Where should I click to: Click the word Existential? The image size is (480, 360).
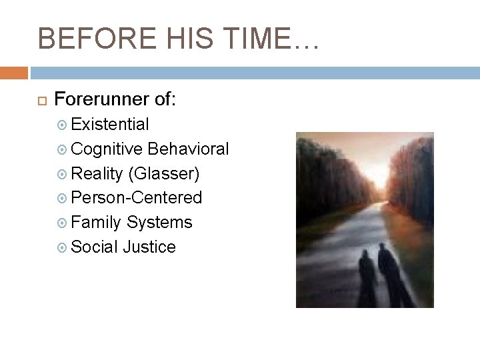(x=110, y=124)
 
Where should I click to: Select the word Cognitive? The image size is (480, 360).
(x=107, y=149)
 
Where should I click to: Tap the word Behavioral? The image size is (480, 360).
(x=189, y=149)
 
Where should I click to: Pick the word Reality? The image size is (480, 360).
(x=97, y=173)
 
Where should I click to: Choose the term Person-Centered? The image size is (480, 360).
(x=136, y=197)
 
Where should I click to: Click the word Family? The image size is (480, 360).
(x=96, y=222)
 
